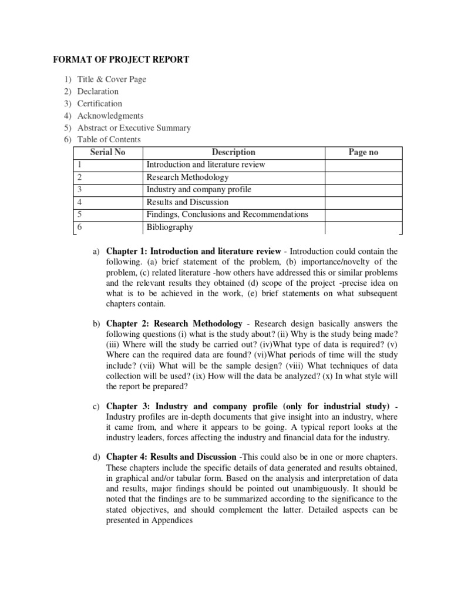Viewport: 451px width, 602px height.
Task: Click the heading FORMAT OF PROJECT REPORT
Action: [122, 59]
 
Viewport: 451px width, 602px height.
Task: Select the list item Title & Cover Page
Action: [112, 79]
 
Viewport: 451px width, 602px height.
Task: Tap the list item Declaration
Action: [98, 91]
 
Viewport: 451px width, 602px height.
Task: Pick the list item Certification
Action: [100, 103]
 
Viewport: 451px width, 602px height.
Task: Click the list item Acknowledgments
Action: [110, 116]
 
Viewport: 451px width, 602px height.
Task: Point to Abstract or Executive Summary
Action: [134, 128]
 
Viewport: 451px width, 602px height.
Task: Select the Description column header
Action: [234, 152]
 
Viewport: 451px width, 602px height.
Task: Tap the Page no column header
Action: [364, 152]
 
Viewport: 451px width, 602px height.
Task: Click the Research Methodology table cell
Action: [188, 177]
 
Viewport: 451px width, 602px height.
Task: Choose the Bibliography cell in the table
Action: [170, 227]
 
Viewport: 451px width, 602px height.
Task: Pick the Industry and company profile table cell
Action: [198, 189]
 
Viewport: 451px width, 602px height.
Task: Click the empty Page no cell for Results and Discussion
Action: [364, 202]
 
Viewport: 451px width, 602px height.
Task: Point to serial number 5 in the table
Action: [79, 215]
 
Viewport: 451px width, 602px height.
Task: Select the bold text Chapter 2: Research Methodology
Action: [174, 323]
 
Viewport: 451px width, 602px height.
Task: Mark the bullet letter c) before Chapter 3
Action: [96, 406]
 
